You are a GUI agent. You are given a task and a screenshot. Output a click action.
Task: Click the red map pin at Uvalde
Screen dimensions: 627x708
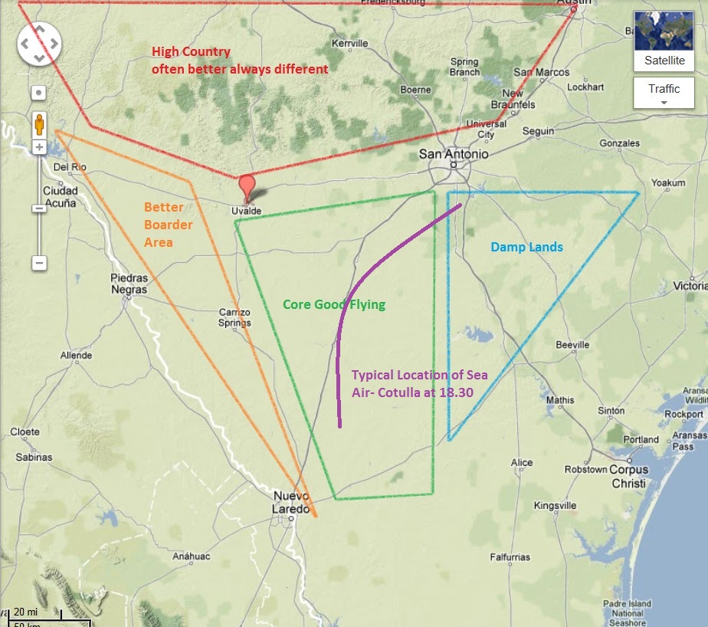(x=246, y=186)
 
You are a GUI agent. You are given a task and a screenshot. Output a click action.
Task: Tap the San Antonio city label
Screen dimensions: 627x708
(x=453, y=154)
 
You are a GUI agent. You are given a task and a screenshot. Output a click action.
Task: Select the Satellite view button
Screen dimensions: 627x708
(x=664, y=42)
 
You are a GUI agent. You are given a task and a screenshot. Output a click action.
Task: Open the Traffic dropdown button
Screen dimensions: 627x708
(x=664, y=94)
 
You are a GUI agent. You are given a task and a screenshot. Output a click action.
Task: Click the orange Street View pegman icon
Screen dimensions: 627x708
(x=38, y=123)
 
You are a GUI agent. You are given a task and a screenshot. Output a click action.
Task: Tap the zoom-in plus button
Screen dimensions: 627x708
(x=38, y=146)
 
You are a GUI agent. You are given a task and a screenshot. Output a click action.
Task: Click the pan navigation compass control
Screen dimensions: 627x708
(x=38, y=44)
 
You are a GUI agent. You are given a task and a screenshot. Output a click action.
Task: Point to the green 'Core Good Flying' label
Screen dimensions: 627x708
(x=333, y=304)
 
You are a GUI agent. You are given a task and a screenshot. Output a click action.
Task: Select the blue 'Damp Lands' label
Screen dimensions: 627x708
(x=526, y=247)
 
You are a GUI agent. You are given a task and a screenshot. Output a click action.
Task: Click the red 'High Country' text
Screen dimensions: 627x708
(x=191, y=52)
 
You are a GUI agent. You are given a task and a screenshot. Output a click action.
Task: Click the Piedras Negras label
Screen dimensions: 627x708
(x=128, y=284)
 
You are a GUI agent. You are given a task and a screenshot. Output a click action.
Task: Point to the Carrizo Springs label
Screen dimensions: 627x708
(x=234, y=317)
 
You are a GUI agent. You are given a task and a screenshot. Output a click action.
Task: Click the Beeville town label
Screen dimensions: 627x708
(x=572, y=345)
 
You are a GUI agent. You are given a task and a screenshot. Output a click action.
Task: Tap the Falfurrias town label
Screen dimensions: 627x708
(x=510, y=557)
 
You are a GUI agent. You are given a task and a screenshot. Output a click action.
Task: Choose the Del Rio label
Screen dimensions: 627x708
(x=67, y=167)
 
